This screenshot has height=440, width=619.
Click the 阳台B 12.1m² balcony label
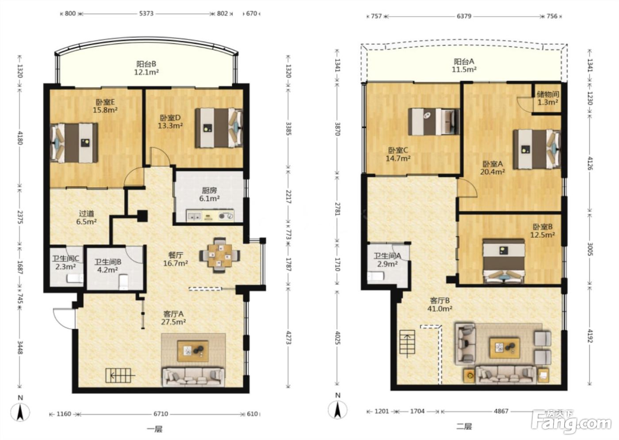pos(146,68)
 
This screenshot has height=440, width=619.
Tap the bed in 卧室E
pos(74,143)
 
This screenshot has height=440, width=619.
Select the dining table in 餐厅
pos(220,255)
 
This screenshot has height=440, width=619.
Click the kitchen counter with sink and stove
pos(210,216)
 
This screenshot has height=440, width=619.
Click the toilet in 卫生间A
pos(375,276)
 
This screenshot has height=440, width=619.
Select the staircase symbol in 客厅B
pos(407,344)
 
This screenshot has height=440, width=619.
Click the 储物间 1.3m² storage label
pos(547,98)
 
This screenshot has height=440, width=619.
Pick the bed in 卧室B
pos(504,261)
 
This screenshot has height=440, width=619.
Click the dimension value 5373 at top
pos(146,14)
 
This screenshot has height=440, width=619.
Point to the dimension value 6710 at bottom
pos(160,414)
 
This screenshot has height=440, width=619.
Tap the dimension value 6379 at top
pos(464,16)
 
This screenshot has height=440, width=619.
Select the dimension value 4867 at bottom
pos(501,411)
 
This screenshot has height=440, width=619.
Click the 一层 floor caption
pos(154,429)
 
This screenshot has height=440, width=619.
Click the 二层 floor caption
pos(464,426)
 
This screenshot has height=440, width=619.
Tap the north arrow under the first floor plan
pos(20,412)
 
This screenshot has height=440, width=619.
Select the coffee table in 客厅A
pos(193,351)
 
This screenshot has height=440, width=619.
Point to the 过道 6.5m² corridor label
pos(87,217)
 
